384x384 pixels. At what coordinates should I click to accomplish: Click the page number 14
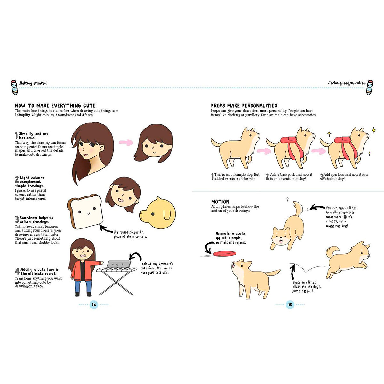pyautogui.click(x=94, y=305)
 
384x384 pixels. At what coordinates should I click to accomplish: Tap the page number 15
pyautogui.click(x=290, y=305)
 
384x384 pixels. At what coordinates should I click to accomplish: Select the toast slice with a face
pyautogui.click(x=85, y=212)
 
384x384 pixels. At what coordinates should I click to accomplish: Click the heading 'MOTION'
pyautogui.click(x=220, y=202)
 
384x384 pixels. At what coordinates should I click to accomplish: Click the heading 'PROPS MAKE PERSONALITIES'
pyautogui.click(x=244, y=105)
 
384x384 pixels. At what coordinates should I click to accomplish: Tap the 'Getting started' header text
pyautogui.click(x=33, y=83)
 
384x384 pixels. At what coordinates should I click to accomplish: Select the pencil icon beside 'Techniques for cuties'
pyautogui.click(x=370, y=87)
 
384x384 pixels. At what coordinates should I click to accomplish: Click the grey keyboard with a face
pyautogui.click(x=119, y=264)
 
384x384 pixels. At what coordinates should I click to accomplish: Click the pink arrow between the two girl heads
pyautogui.click(x=126, y=142)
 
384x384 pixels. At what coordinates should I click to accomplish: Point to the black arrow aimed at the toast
pyautogui.click(x=106, y=228)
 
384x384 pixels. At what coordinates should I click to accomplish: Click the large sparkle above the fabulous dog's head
pyautogui.click(x=374, y=130)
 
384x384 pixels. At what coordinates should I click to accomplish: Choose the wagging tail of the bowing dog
pyautogui.click(x=298, y=209)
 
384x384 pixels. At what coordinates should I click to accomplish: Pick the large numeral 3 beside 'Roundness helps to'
pyautogui.click(x=17, y=220)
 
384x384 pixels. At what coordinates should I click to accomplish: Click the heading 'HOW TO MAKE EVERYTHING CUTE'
pyautogui.click(x=55, y=105)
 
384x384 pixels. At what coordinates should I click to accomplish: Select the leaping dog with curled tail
pyautogui.click(x=348, y=260)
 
